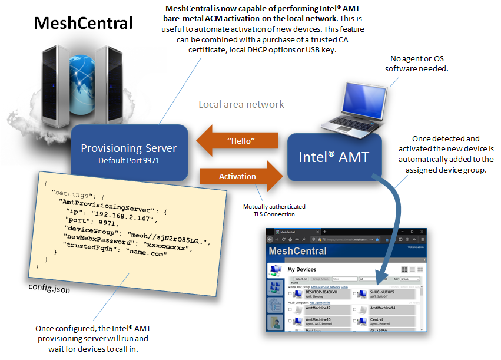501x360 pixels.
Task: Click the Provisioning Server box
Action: pos(129,152)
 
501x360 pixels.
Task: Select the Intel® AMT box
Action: pos(334,157)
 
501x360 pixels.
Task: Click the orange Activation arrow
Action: pos(238,176)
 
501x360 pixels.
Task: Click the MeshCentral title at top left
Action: pos(84,23)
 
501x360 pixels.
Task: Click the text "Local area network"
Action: pos(241,104)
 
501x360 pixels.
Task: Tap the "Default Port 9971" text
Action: pos(129,160)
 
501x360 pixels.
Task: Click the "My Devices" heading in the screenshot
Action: pos(302,269)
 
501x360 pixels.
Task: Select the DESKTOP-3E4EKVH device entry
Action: pos(321,292)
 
